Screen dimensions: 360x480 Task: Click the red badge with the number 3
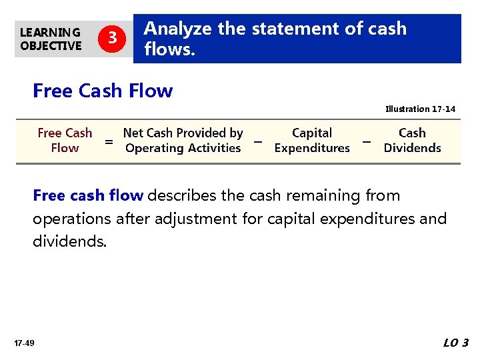[x=113, y=39]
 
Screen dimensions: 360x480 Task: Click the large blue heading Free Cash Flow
[x=103, y=91]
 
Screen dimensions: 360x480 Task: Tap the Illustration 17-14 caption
[x=420, y=109]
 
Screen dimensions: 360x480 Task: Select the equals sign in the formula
[x=109, y=141]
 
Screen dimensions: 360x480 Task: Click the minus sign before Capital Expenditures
[x=257, y=141]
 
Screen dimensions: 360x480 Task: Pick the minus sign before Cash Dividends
[x=366, y=141]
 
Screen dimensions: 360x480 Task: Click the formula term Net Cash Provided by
[x=183, y=133]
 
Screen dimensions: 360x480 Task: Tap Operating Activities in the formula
[x=183, y=148]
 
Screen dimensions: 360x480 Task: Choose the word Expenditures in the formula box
[x=312, y=148]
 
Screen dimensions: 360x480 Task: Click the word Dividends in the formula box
[x=412, y=148]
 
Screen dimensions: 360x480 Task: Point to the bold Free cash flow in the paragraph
[x=88, y=196]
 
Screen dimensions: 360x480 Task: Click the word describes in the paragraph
[x=175, y=196]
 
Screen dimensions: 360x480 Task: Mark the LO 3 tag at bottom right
[x=456, y=343]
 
